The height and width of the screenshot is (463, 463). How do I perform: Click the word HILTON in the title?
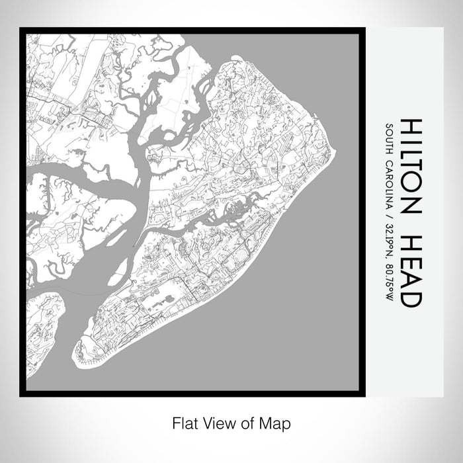411,165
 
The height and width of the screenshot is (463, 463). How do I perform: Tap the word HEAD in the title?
411,271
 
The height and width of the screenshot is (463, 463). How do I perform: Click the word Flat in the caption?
184,422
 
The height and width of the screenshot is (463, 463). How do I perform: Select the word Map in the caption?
278,422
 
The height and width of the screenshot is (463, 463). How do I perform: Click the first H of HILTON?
411,128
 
